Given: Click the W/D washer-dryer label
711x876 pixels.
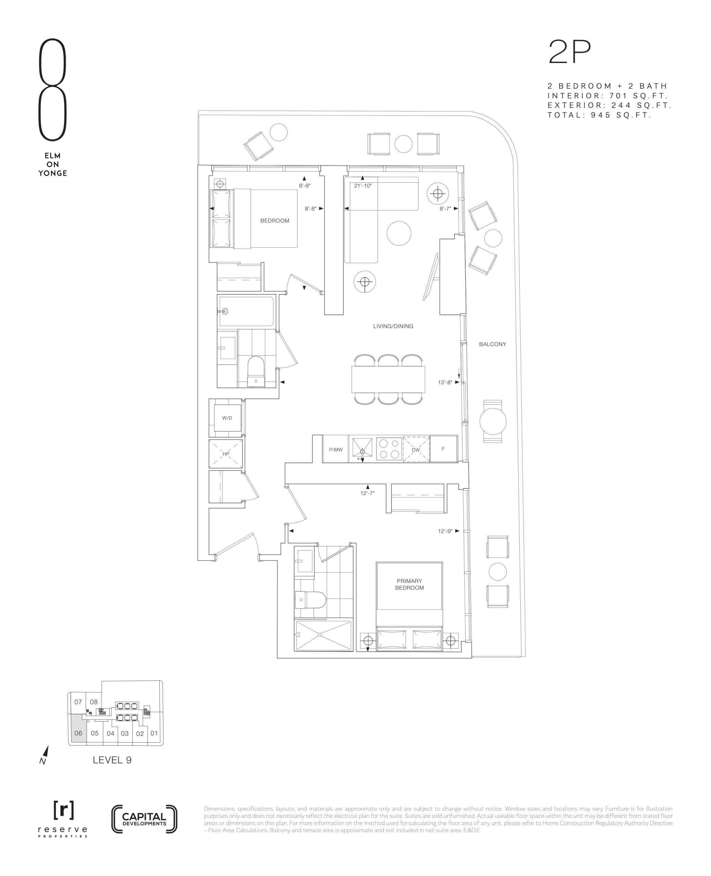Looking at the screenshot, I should tap(227, 418).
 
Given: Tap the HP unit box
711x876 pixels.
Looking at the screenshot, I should tap(226, 453).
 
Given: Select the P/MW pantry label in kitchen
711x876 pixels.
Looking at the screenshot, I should tap(336, 449).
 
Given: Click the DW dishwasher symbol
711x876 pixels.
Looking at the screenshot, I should tap(416, 449).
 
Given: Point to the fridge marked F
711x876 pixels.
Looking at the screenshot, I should tap(443, 449).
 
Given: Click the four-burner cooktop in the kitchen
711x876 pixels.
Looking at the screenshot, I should tap(389, 449).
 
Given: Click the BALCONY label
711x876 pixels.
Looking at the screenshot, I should tap(492, 344).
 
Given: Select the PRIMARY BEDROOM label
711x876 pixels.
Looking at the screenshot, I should tap(409, 584).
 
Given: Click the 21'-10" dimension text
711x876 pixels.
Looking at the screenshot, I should tap(363, 185).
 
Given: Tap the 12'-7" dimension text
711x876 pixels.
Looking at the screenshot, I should tap(367, 493).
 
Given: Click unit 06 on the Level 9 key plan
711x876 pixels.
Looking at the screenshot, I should tap(78, 733).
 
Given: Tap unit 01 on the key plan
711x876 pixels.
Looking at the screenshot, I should tap(154, 733).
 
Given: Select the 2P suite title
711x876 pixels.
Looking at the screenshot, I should tap(570, 52).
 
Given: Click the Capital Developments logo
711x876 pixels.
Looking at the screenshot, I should tap(144, 819).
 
